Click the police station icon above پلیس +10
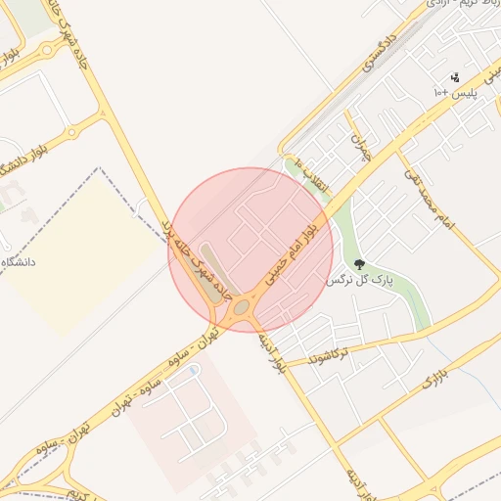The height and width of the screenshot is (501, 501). pos(455,76)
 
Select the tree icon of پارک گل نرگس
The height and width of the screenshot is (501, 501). pos(359,264)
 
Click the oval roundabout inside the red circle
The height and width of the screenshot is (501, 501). pos(241,308)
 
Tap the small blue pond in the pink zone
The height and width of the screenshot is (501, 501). pos(193,370)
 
